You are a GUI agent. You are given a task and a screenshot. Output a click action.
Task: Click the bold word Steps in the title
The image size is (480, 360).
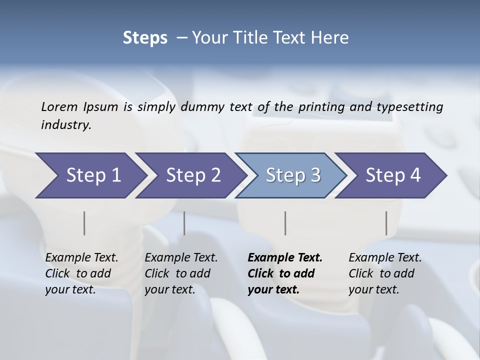(145, 38)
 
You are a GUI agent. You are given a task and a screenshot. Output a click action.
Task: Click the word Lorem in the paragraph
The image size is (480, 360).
(59, 107)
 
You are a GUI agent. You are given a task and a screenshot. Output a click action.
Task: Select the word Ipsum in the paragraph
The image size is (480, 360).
(101, 107)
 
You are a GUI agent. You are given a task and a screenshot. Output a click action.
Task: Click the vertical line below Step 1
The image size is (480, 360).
(84, 223)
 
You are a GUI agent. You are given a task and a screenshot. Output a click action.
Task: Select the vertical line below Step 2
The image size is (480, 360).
(184, 223)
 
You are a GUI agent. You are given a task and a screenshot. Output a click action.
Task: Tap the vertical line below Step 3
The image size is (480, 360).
(285, 223)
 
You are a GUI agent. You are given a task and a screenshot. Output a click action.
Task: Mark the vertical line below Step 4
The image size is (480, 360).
(386, 223)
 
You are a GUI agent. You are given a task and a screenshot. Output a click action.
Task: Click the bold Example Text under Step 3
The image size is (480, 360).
(285, 258)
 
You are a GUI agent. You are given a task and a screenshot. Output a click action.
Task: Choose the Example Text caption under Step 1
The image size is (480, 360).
(81, 258)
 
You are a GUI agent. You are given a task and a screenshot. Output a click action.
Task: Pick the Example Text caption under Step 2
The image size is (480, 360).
(181, 258)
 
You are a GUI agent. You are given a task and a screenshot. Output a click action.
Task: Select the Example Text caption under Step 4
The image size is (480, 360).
(385, 258)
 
